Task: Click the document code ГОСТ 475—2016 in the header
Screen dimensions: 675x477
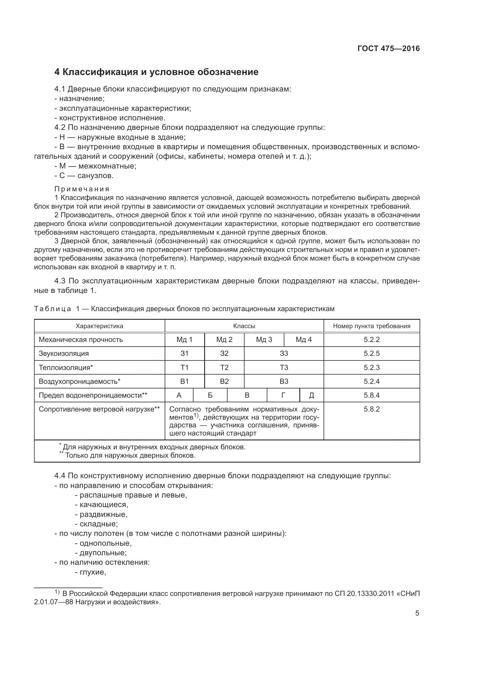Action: coord(388,49)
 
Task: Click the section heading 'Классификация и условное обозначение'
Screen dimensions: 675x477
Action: coord(156,72)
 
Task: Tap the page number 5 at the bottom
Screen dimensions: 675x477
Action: coord(417,613)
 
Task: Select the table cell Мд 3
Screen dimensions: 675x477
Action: coord(264,340)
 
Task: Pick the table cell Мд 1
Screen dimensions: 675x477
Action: coord(184,340)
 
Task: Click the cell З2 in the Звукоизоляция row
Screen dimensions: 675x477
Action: coord(224,354)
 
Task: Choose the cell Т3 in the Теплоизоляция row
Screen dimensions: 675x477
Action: coord(284,367)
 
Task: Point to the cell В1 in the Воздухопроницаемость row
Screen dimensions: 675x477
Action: coord(184,381)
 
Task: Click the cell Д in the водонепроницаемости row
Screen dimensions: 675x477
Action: coord(311,395)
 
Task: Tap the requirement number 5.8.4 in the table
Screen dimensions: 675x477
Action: coord(371,395)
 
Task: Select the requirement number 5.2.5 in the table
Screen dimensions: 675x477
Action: coord(371,354)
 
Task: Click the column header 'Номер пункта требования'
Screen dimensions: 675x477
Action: coord(371,326)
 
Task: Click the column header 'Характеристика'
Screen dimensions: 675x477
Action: coord(99,326)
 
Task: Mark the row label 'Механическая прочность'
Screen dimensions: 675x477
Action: coord(81,340)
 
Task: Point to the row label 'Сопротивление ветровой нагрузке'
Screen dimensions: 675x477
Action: coord(99,409)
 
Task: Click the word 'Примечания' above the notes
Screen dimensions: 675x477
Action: coord(82,189)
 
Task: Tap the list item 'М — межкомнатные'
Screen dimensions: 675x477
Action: coord(95,166)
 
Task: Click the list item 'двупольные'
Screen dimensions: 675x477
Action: coord(100,553)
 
